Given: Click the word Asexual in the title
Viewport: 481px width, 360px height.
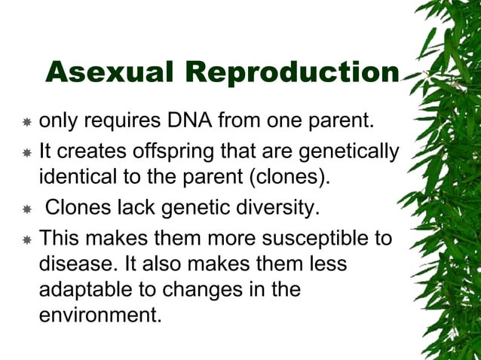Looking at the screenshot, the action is (109, 72).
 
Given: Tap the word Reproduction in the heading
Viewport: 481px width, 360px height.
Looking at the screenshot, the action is (293, 74).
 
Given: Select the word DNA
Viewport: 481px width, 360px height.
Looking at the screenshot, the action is (189, 121).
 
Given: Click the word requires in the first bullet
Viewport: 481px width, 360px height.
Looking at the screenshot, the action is (122, 122).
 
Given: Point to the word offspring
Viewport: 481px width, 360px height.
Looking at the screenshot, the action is (173, 152).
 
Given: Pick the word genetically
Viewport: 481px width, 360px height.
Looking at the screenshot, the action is (349, 152).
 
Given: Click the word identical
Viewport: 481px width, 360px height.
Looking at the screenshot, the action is (78, 177).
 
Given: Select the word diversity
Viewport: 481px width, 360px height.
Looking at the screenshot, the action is (277, 209).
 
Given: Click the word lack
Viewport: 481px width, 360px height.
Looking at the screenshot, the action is (136, 207).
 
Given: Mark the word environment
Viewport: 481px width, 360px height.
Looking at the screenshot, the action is (100, 315).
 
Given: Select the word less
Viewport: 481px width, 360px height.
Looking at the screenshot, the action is (328, 264).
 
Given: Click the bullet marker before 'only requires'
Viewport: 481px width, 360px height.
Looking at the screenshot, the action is (27, 122).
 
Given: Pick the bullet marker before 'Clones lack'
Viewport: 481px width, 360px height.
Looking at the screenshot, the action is (27, 209).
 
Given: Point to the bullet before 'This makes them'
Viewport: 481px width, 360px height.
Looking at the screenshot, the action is (27, 239).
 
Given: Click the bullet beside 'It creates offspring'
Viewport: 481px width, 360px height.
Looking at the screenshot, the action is (27, 153).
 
